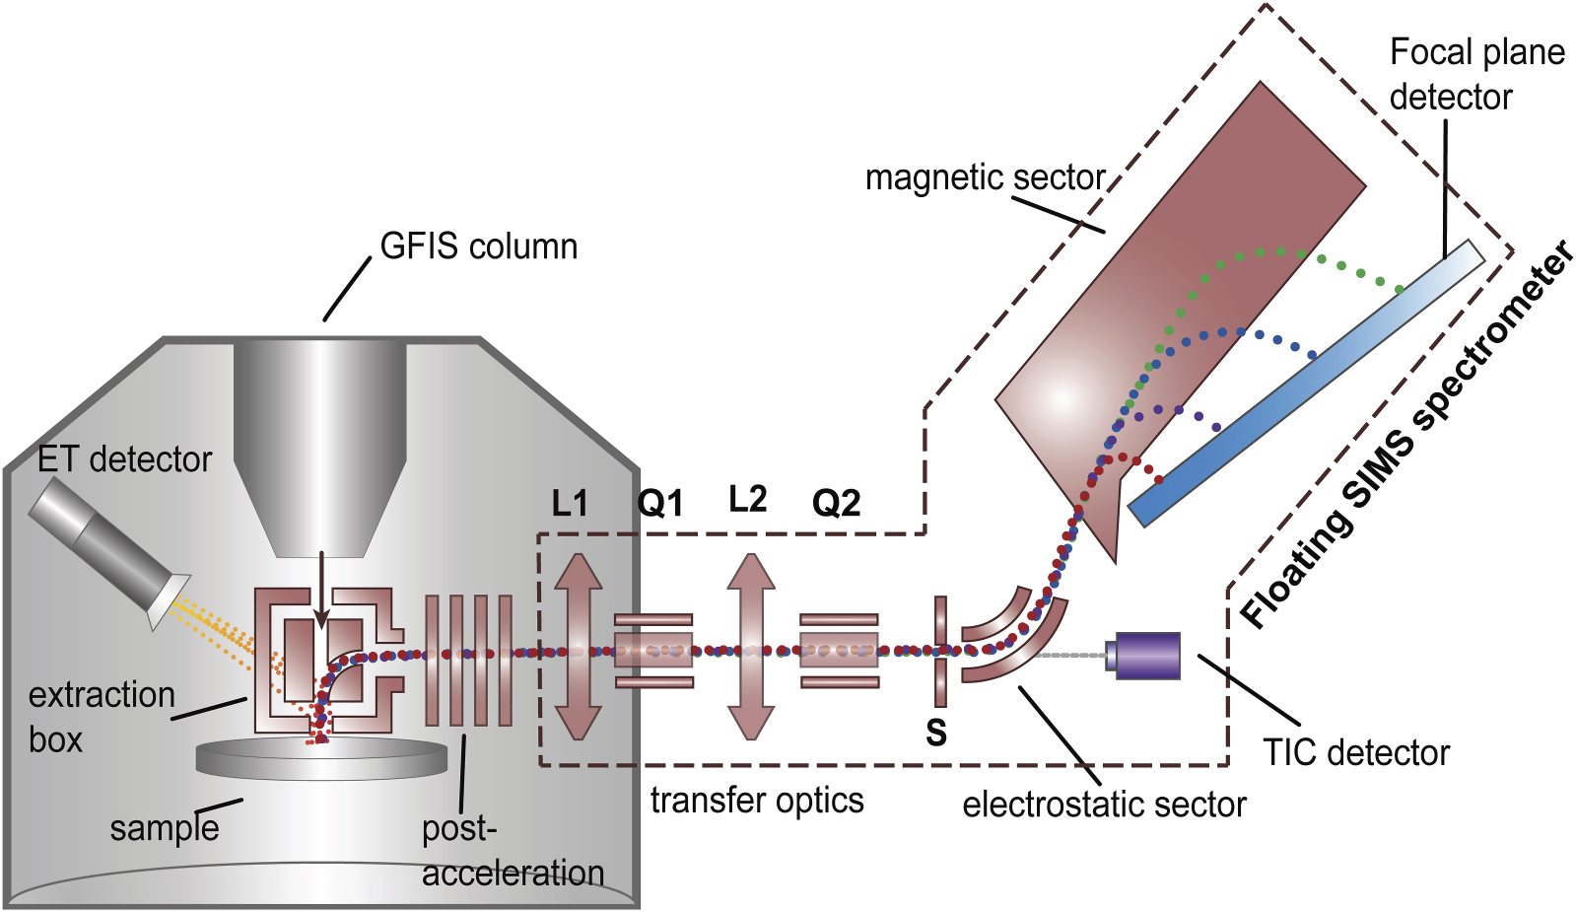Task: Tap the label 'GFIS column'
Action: click(479, 246)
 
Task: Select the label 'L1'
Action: click(570, 504)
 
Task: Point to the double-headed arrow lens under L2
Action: click(751, 646)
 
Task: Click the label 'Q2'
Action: click(836, 504)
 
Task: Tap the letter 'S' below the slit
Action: click(936, 733)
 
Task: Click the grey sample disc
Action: click(321, 757)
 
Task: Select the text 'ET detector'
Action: click(124, 459)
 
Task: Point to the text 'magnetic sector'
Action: click(985, 177)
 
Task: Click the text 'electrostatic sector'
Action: click(1104, 805)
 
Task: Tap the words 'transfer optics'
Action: click(757, 801)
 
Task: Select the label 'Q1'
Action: click(660, 504)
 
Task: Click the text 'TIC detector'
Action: click(1356, 753)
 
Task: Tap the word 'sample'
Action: click(165, 828)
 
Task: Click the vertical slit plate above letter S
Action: click(941, 651)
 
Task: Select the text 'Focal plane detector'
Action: click(1475, 75)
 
